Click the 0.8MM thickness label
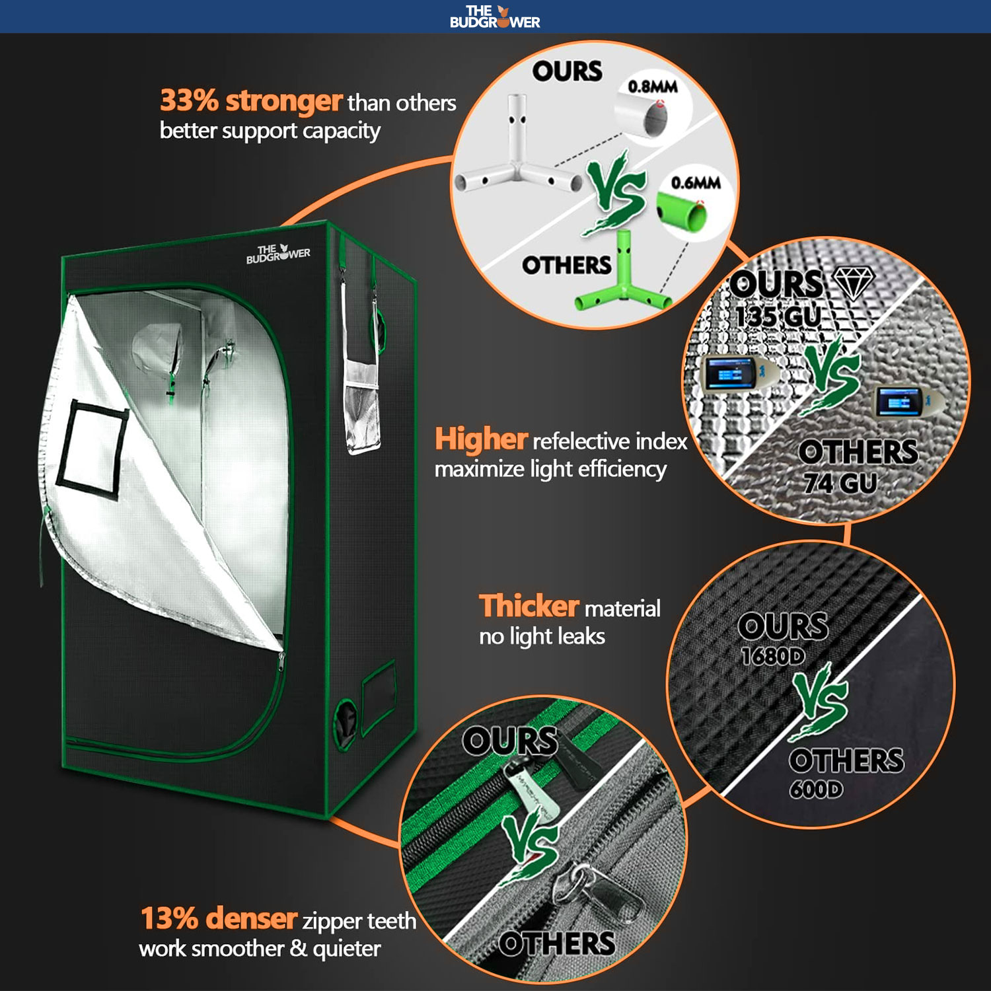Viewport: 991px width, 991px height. (x=652, y=87)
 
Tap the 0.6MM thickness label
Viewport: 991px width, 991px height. (x=695, y=183)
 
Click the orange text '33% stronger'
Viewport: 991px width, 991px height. (x=251, y=101)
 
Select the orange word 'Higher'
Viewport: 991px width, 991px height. (x=480, y=439)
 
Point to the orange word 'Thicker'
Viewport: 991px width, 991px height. (x=529, y=606)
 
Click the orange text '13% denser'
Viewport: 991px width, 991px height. (x=219, y=918)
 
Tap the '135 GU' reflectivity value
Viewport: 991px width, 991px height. (x=778, y=316)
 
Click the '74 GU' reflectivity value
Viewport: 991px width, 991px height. (x=840, y=484)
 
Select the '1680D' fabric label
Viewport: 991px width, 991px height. (x=772, y=656)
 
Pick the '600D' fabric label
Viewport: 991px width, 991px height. (x=816, y=789)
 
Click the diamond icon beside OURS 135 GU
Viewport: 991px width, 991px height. (x=854, y=283)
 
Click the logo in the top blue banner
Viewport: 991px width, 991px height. (x=495, y=17)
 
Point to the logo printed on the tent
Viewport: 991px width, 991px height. (x=278, y=254)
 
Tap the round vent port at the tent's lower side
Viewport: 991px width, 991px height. (x=345, y=723)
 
